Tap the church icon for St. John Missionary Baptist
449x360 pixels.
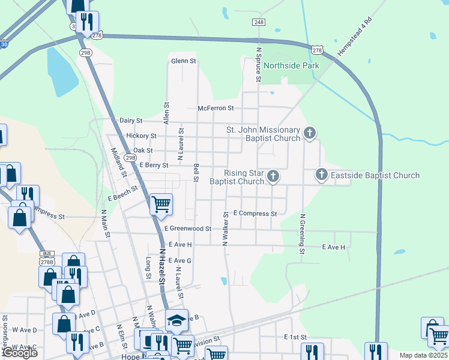[310, 133]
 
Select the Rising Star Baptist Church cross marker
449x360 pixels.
[273, 176]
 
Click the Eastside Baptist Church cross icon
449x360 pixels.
[321, 175]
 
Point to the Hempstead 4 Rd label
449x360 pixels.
[355, 40]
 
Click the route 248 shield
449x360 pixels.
[259, 22]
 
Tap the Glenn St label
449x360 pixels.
[184, 61]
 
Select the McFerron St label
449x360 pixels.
[215, 109]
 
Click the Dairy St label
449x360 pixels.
[130, 121]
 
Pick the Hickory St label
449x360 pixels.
[141, 136]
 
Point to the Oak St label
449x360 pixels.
[143, 151]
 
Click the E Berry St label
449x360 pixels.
[154, 165]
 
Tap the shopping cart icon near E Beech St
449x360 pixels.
[161, 203]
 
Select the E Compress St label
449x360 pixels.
[255, 214]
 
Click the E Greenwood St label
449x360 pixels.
[188, 229]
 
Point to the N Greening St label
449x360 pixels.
[303, 234]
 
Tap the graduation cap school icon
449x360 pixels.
[177, 320]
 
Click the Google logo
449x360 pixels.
[20, 353]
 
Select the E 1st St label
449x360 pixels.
[295, 338]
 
